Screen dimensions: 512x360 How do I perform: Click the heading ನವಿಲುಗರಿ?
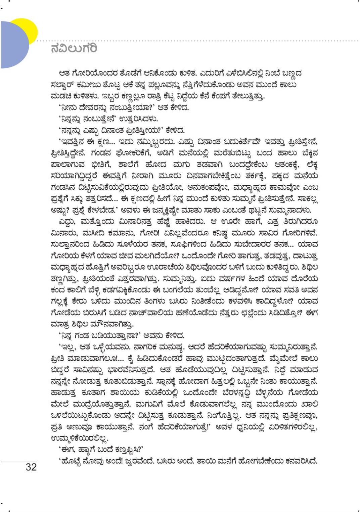coord(74,48)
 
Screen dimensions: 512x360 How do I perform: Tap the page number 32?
coord(31,467)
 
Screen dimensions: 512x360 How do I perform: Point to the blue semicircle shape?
coord(13,45)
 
